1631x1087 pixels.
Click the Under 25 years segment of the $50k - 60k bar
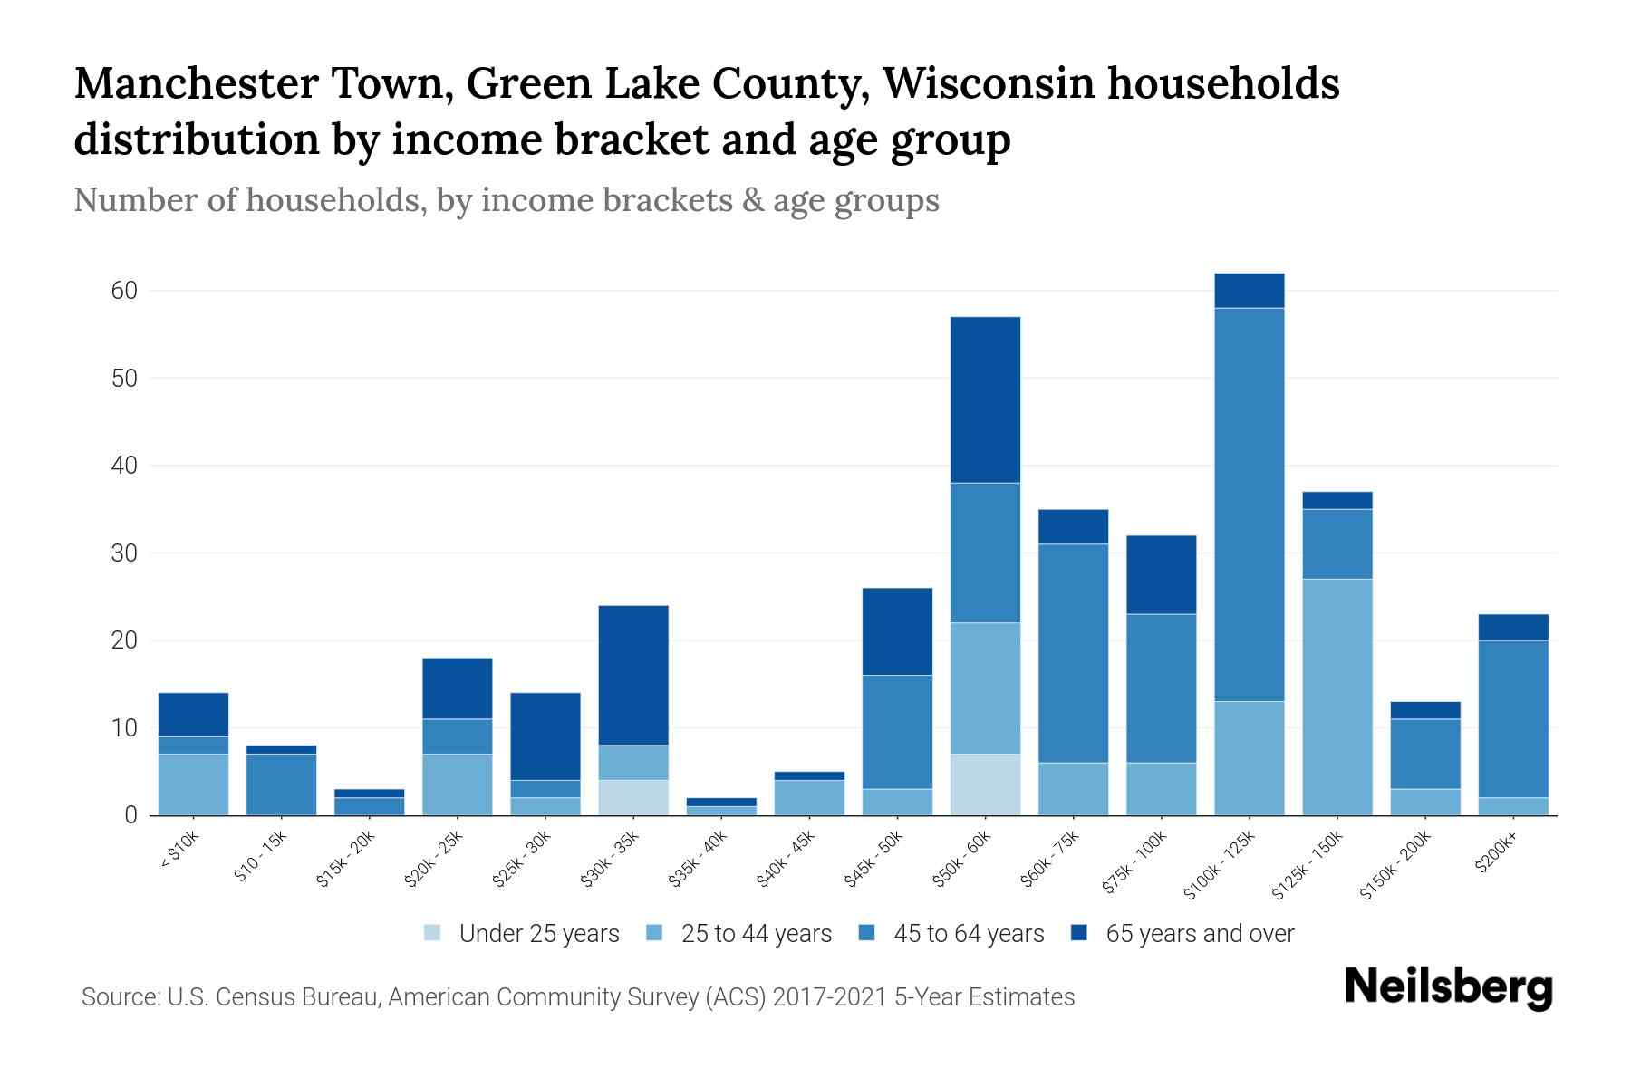[985, 784]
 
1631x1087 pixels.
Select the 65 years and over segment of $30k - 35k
[633, 676]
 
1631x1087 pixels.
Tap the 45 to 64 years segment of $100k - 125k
[1249, 505]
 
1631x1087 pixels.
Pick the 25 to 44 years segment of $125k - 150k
[1337, 697]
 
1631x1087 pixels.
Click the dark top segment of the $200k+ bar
[1512, 628]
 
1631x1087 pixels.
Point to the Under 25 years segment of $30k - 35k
[633, 797]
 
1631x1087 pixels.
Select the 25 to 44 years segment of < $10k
[193, 784]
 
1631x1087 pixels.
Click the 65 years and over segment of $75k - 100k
[1161, 575]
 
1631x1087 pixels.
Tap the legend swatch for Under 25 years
[433, 933]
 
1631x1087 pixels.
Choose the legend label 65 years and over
[1199, 934]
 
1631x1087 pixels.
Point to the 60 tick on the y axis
[124, 291]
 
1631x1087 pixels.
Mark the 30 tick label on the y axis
[124, 553]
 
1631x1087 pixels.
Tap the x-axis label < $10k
[179, 851]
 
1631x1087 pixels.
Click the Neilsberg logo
[1448, 987]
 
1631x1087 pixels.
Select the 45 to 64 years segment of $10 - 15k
[281, 784]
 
